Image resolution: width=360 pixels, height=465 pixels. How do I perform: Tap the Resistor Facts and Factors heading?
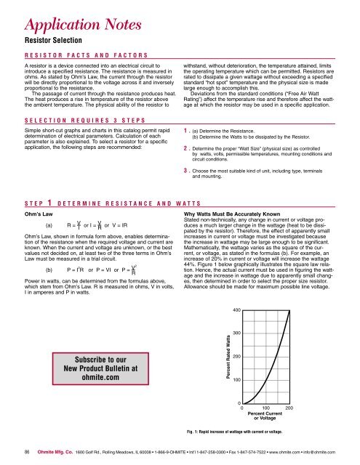pyautogui.click(x=84, y=54)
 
